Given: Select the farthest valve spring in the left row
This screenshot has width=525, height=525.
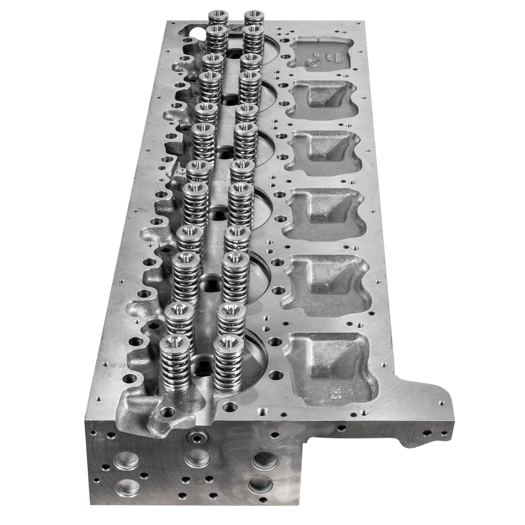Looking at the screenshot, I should point(218,16).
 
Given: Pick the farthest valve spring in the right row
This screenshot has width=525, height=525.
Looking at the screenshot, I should point(254,16).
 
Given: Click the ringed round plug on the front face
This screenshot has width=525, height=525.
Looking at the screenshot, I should point(196,437).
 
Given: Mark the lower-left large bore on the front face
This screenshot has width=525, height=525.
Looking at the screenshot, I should point(127,487).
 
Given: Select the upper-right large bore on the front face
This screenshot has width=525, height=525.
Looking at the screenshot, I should point(265,460).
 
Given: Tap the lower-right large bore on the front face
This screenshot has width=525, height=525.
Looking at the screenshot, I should point(260,484).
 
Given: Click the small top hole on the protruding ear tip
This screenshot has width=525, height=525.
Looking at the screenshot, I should point(441,403).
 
